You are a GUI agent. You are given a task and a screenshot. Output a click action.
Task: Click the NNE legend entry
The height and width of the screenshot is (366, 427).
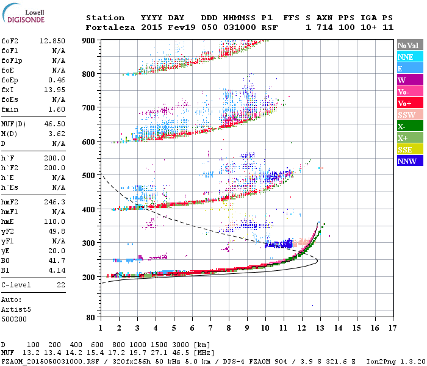point(406,57)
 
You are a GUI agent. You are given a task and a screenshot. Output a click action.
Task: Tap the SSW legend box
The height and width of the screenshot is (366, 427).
point(407,115)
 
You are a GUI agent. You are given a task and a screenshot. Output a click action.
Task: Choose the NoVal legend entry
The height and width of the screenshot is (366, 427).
point(407,45)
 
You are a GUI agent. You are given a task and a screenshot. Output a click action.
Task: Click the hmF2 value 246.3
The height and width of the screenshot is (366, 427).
point(56,201)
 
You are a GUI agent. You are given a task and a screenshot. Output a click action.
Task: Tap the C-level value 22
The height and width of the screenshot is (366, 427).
point(61,285)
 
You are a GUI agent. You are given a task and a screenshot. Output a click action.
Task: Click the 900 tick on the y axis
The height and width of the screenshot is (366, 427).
point(89,40)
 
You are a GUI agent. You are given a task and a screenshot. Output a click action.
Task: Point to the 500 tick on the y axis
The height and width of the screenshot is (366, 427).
point(89,176)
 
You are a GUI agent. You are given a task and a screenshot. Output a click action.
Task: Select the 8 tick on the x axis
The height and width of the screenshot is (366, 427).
point(228,328)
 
